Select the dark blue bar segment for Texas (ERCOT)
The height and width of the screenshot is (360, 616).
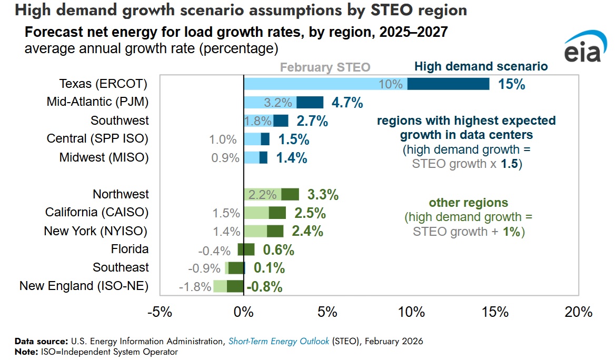pos(448,84)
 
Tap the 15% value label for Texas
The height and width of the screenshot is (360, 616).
pos(512,84)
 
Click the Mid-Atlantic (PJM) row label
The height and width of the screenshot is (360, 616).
pos(97,102)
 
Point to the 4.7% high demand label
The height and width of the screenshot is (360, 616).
pos(346,103)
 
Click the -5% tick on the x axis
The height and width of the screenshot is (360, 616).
pos(160,312)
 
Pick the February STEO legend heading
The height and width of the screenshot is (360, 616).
pos(325,67)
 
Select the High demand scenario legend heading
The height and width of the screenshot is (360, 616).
pos(481,67)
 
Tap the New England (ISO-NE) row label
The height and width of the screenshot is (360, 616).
pos(84,286)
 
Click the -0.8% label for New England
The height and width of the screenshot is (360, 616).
pos(265,287)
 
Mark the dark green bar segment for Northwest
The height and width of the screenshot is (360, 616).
pos(290,194)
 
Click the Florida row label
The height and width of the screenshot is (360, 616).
pos(130,249)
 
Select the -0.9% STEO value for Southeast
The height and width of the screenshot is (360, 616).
pos(204,268)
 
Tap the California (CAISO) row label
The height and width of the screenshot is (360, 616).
pos(97,213)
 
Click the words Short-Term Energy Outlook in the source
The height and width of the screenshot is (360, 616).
pos(279,341)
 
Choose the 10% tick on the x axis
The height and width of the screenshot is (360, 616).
pos(411,312)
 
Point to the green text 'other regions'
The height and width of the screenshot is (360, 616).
pos(469,203)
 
